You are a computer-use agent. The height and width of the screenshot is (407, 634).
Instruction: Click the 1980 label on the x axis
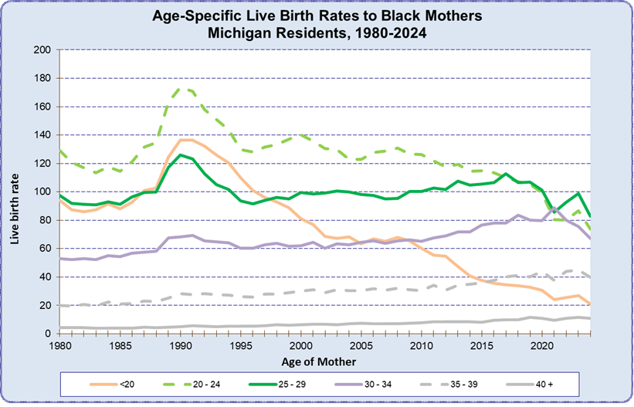[60, 347]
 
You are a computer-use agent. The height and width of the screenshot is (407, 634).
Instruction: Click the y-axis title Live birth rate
[15, 192]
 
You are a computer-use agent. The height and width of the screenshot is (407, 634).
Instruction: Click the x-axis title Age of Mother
[324, 361]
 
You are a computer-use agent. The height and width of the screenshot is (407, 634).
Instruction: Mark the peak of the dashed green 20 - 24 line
[180, 87]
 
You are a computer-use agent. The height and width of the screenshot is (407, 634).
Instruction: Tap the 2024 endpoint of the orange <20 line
[589, 304]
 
